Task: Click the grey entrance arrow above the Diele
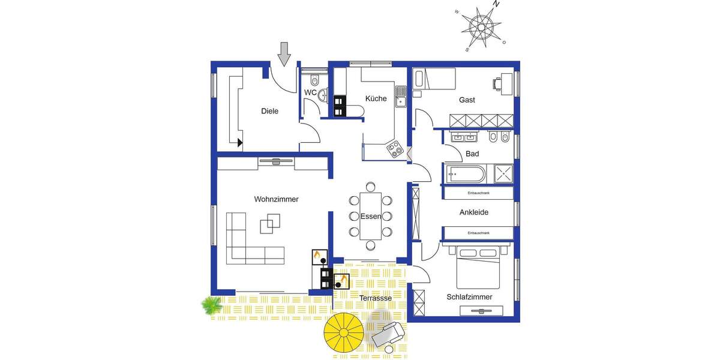point(284,54)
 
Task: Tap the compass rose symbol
point(481,26)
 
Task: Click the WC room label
point(310,92)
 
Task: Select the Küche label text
point(376,98)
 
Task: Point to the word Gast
point(467,100)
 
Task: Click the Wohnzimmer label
point(276,199)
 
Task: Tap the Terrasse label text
point(376,298)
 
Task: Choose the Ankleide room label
point(474,212)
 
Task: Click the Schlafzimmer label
point(469,297)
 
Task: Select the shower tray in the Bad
point(503,174)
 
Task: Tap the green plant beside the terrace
point(211,305)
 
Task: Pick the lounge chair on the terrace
point(389,333)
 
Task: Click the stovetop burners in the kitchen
point(395,148)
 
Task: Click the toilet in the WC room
point(314,80)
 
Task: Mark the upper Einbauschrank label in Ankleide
point(478,193)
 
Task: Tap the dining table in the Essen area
point(370,215)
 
